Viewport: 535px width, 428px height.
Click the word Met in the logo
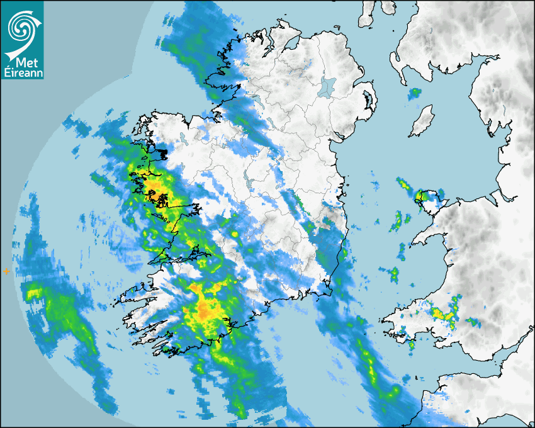tap(25, 63)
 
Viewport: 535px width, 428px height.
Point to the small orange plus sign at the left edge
tap(6, 271)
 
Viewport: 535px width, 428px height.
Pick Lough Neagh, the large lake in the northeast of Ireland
tap(327, 86)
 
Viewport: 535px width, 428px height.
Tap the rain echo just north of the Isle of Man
tap(414, 94)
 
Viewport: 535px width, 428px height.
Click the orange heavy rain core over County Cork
tap(205, 308)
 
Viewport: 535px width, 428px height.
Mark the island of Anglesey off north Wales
tap(428, 200)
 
